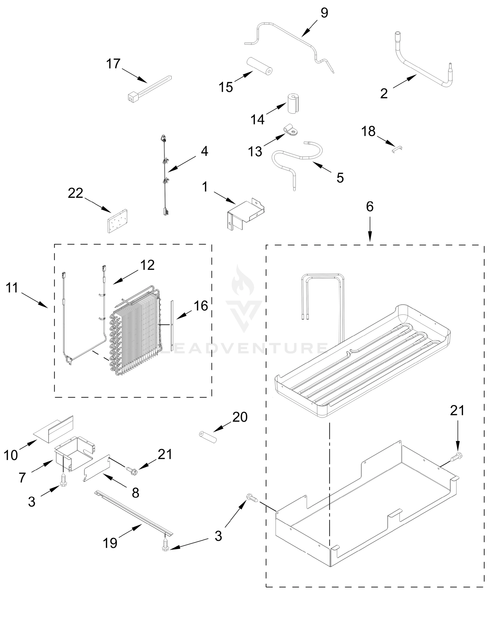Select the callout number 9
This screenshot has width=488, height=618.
pyautogui.click(x=324, y=13)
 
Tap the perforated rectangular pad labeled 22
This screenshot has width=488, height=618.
pyautogui.click(x=117, y=221)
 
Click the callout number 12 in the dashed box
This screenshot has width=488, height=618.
pyautogui.click(x=147, y=265)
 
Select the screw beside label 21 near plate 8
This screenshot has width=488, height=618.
pyautogui.click(x=131, y=469)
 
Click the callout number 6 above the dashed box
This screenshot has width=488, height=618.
pyautogui.click(x=369, y=207)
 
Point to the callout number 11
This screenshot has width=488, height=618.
pyautogui.click(x=12, y=288)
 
